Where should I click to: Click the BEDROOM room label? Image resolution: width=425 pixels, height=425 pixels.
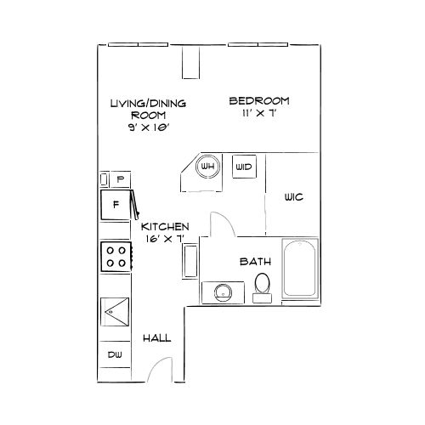coord(259,101)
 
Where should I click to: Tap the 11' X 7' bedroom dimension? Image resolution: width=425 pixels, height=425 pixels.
coord(259,113)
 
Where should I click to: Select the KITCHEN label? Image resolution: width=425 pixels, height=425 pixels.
coord(165,227)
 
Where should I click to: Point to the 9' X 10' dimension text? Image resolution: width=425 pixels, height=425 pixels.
coord(149,127)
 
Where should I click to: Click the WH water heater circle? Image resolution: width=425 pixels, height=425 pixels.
coord(207,167)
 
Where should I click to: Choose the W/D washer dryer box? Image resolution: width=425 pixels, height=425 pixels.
coord(244,167)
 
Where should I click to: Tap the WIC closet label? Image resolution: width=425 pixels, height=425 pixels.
coord(294,197)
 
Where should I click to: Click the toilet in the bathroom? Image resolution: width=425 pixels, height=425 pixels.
coord(262,287)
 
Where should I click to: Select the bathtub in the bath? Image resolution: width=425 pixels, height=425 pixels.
coord(300,269)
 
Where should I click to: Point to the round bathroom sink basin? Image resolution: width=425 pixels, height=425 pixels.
coord(224,293)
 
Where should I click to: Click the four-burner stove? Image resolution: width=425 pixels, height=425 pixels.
coord(116,257)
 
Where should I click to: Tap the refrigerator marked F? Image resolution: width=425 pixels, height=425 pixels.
coord(116,205)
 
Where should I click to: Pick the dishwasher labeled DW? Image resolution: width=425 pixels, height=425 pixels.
coord(115,354)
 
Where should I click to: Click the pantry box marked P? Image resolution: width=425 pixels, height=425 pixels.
coord(121,179)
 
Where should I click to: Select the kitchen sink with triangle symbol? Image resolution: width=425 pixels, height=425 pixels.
coord(115,312)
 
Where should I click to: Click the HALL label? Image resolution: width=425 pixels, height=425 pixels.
coord(157,338)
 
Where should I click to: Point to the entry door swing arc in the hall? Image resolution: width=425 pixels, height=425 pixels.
coord(156,365)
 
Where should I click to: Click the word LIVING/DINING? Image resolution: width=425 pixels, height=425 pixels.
coord(148,104)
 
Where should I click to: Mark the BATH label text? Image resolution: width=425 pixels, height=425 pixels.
coord(255,262)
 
